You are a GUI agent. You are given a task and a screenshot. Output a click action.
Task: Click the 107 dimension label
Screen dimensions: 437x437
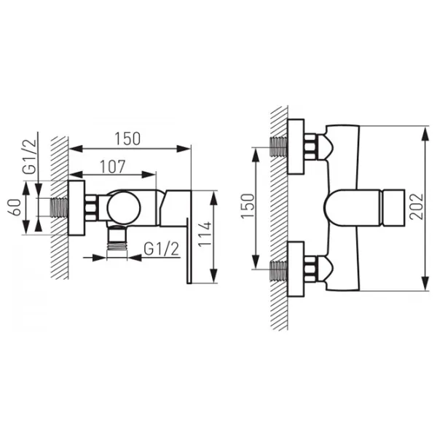(113, 166)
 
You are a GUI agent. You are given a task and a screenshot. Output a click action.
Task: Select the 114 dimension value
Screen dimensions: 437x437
(205, 234)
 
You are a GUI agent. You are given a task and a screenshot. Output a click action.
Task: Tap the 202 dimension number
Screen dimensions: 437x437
(417, 206)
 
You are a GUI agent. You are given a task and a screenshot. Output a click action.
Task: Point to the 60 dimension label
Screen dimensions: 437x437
(15, 207)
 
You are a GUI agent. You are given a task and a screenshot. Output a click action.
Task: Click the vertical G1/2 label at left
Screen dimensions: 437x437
(30, 156)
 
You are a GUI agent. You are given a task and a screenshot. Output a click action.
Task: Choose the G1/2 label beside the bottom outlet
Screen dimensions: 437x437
(162, 249)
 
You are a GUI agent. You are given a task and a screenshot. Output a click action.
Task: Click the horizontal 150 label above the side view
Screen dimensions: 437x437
(127, 139)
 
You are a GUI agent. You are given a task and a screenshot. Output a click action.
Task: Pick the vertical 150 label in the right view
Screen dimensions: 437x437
(248, 205)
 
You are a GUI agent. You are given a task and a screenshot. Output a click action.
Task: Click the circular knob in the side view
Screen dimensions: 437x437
(124, 208)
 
